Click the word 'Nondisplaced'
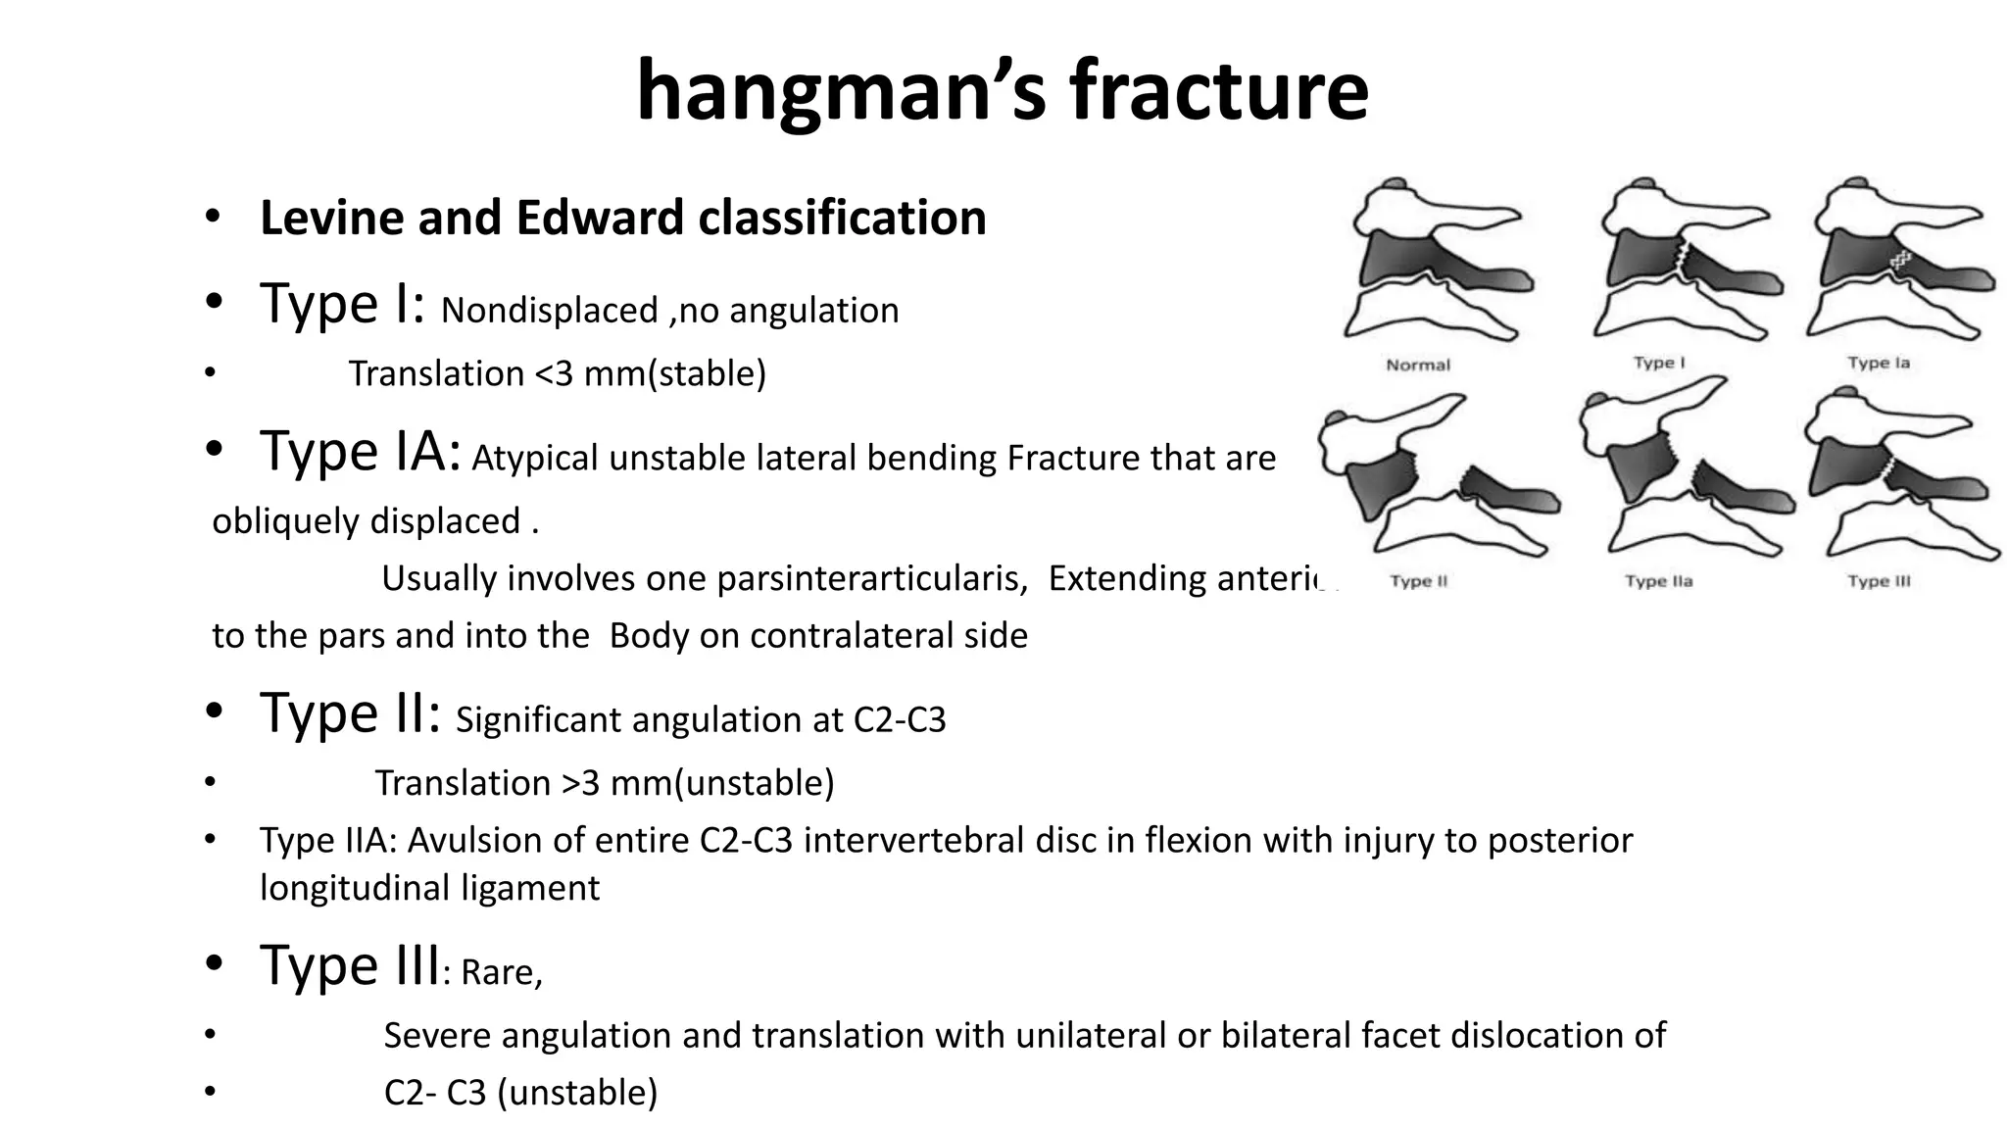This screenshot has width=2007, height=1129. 549,311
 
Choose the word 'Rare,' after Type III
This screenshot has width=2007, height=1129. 502,972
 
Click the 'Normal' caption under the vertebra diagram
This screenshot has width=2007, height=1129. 1418,365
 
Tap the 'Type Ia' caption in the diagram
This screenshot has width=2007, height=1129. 1879,363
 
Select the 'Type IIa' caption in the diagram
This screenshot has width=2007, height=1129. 1658,581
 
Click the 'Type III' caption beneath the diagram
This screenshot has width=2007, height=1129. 1879,581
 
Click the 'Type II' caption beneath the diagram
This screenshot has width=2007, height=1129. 1418,581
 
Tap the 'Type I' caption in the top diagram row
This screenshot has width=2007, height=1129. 1658,363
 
